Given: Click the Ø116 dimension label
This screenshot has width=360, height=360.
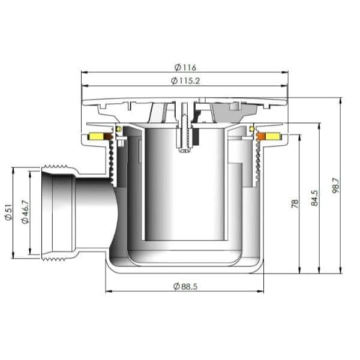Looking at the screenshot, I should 184,67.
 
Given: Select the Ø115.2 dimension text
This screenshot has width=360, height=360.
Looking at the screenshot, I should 184,80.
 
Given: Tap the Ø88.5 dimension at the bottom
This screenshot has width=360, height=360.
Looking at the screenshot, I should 184,286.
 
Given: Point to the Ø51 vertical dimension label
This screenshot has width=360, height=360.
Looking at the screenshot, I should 8,213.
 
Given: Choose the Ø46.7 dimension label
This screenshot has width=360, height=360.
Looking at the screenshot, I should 25,212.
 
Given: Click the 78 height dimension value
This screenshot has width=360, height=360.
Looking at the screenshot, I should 295,203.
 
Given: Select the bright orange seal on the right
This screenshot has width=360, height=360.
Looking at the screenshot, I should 261,137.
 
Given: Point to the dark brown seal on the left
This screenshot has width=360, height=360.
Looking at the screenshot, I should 109,137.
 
